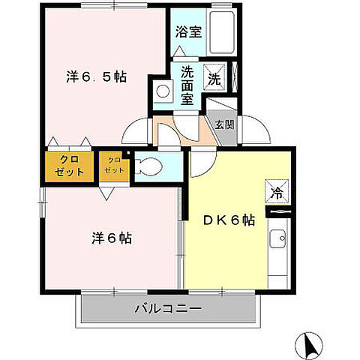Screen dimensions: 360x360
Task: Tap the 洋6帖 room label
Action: point(112,238)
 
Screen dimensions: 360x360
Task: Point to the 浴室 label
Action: point(188,32)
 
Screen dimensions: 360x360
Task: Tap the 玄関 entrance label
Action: point(223,125)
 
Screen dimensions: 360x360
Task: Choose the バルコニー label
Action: point(168,307)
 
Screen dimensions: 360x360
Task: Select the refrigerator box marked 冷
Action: point(277,192)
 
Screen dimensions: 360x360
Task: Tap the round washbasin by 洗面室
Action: point(162,91)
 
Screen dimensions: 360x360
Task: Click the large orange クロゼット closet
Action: point(70,166)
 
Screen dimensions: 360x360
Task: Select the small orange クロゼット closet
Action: point(114,165)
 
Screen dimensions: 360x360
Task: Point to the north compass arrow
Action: point(309,344)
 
